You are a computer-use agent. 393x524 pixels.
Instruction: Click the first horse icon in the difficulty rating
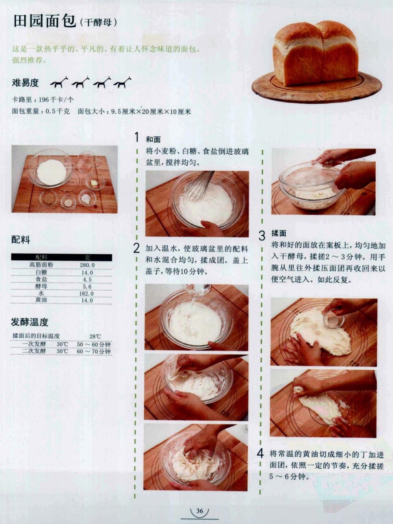(x=59, y=83)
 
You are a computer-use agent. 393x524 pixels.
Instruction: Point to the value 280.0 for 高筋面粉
(x=87, y=265)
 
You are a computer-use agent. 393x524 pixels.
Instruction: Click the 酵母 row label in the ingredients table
(x=41, y=286)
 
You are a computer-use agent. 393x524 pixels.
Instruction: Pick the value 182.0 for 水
(x=87, y=293)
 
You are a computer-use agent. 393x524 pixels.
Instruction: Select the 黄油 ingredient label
(x=41, y=300)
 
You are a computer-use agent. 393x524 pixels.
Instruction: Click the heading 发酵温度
(x=29, y=322)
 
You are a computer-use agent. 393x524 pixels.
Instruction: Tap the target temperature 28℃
(x=95, y=336)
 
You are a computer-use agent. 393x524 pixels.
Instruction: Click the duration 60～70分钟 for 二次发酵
(x=94, y=352)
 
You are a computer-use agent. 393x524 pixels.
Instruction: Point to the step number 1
(x=136, y=138)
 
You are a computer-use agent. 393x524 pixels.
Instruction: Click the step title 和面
(x=153, y=139)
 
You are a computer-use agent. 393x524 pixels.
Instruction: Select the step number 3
(x=262, y=235)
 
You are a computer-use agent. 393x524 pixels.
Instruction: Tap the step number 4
(x=260, y=454)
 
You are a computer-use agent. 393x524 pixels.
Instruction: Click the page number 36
(x=199, y=511)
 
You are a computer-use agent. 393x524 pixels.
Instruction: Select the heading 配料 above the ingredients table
(x=21, y=239)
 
